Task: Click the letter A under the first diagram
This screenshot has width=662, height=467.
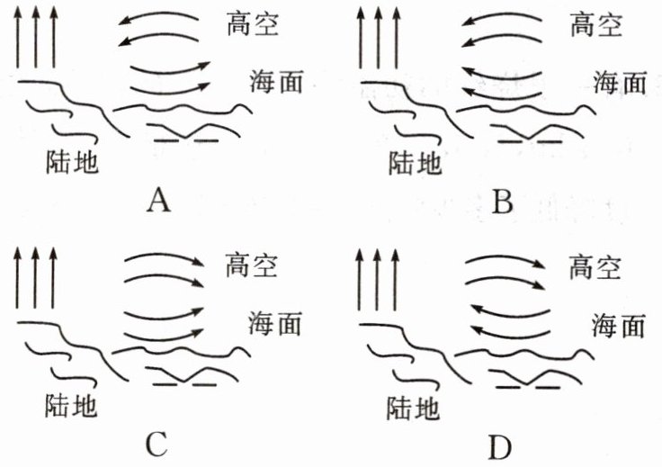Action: tap(157, 202)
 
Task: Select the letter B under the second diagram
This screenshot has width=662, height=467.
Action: tap(504, 202)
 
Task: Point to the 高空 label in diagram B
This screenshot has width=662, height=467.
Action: tap(595, 26)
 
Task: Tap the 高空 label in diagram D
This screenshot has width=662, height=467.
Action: tap(595, 267)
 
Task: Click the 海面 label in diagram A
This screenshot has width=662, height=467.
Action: tap(275, 82)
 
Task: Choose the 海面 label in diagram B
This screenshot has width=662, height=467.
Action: tap(620, 83)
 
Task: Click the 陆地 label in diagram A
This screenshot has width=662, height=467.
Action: tap(71, 162)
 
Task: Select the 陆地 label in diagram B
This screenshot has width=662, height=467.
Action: tap(415, 162)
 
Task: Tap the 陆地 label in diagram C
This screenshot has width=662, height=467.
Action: tap(70, 404)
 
